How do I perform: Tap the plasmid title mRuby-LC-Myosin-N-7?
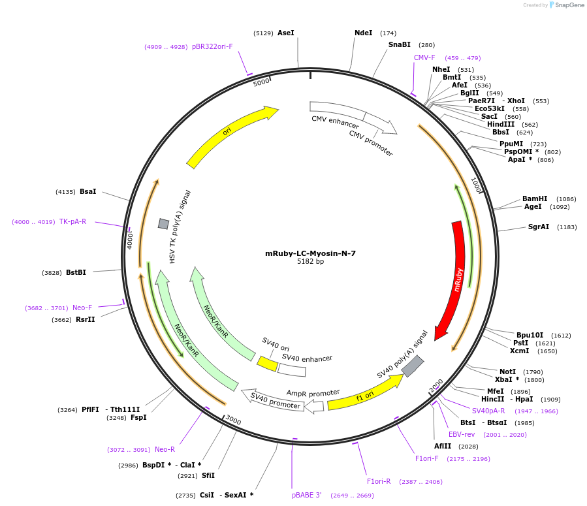[310, 253]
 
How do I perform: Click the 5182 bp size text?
[310, 262]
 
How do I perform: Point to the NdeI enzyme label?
[363, 33]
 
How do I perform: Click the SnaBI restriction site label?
[399, 44]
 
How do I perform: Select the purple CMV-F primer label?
[424, 57]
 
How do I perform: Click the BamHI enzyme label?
[535, 198]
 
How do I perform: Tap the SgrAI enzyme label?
[539, 227]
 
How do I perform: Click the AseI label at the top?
[286, 33]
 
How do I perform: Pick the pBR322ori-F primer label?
[212, 46]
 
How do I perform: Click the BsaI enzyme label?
[87, 191]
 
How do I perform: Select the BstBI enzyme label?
[76, 272]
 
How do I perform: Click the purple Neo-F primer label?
[82, 308]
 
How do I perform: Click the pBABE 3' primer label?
[307, 495]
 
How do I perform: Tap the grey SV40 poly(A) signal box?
[413, 366]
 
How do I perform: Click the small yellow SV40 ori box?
[267, 363]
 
